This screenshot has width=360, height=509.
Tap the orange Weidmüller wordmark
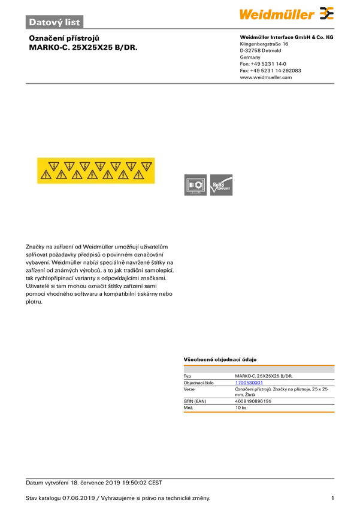pyautogui.click(x=277, y=14)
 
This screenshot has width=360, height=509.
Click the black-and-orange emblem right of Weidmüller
pyautogui.click(x=326, y=14)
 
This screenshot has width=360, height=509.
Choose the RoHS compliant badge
pyautogui.click(x=222, y=185)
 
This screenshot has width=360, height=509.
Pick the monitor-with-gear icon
pyautogui.click(x=195, y=185)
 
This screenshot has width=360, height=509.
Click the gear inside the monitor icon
pyautogui.click(x=198, y=184)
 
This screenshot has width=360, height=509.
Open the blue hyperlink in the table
pyautogui.click(x=248, y=382)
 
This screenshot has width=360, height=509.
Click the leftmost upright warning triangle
pyautogui.click(x=46, y=175)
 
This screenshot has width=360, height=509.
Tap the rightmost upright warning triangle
pyautogui.click(x=139, y=175)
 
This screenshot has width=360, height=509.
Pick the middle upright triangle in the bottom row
pyautogui.click(x=92, y=175)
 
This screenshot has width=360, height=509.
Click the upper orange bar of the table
pyautogui.click(x=259, y=364)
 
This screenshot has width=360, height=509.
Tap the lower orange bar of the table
pyautogui.click(x=259, y=412)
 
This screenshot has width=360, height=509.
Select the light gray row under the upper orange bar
pyautogui.click(x=259, y=371)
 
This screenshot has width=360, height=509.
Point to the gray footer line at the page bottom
pyautogui.click(x=180, y=478)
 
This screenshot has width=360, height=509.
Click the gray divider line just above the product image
pyautogui.click(x=180, y=83)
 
